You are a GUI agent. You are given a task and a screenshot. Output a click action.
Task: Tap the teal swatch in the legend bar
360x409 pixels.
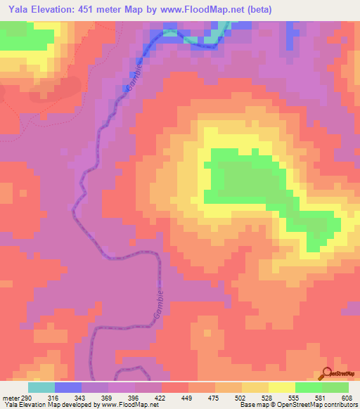(x=41, y=387)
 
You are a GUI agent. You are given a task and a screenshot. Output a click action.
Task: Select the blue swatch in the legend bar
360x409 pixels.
(x=68, y=387)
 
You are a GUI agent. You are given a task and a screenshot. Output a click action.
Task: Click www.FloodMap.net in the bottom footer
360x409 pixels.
(x=123, y=405)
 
